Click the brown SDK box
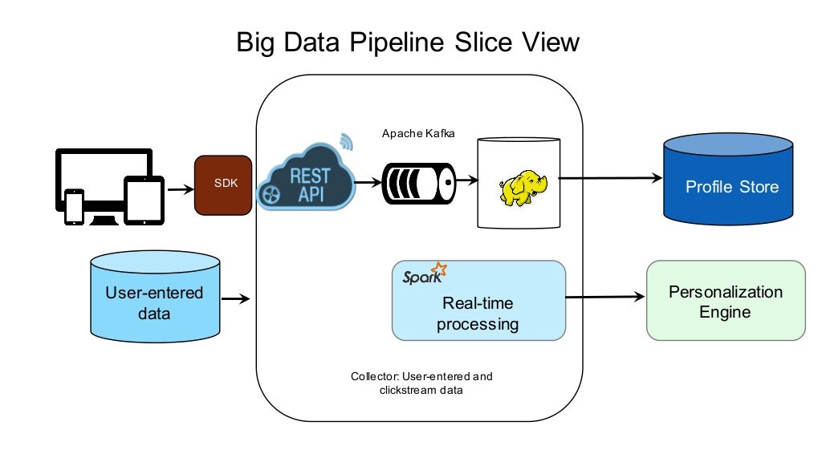(x=224, y=184)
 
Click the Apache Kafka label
(x=418, y=133)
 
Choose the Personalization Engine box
(x=725, y=301)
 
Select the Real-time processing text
(x=478, y=314)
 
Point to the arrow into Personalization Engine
(x=605, y=297)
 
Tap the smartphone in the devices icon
(x=75, y=208)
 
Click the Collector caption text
(x=421, y=383)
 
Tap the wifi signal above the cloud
(x=344, y=142)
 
